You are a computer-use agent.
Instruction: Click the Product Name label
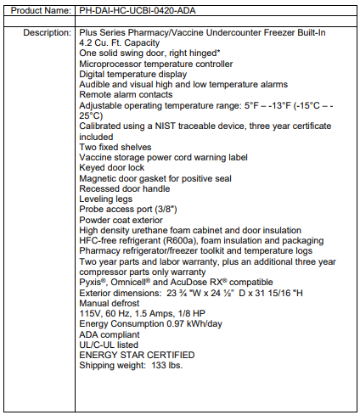pos(38,11)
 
